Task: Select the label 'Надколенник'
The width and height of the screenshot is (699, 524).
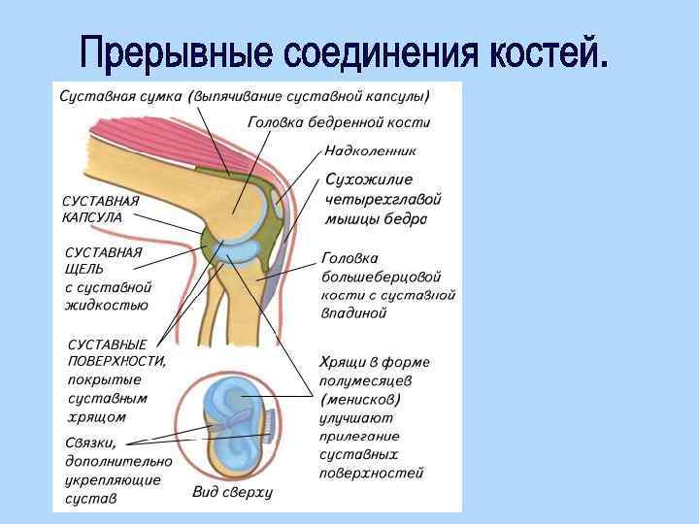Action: (370, 151)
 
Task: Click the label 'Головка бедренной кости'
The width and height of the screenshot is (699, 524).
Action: (339, 123)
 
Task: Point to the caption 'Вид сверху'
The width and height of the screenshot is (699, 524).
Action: (232, 492)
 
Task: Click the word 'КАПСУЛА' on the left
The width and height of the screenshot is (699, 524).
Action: (92, 217)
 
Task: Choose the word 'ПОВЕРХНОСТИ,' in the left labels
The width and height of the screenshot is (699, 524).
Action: (116, 361)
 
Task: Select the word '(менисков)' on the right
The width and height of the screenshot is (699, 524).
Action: (360, 399)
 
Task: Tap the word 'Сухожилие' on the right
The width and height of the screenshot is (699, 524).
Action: (369, 180)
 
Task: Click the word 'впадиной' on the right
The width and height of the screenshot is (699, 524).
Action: (353, 312)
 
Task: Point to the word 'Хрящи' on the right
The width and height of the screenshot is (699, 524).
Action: (343, 362)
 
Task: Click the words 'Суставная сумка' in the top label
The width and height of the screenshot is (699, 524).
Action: (120, 97)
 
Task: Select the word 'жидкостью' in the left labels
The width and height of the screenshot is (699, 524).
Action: (106, 305)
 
